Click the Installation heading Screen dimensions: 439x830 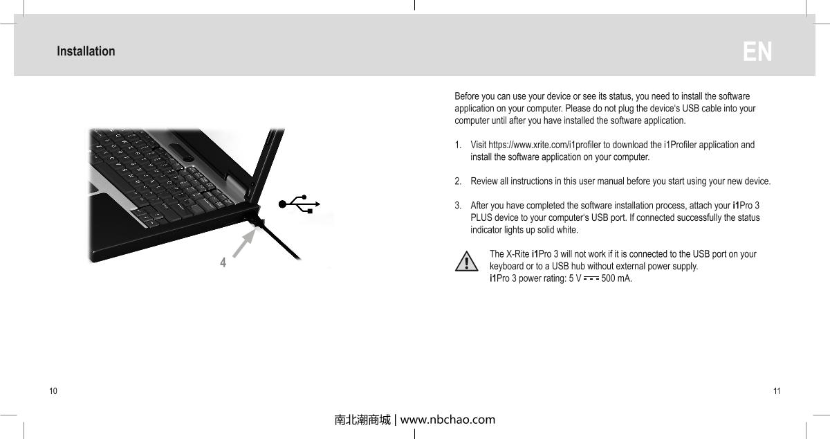click(86, 51)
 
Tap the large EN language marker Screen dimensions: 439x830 click(757, 52)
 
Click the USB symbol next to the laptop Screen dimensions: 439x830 click(299, 204)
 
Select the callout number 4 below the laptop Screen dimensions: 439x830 click(223, 263)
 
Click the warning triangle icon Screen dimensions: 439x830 click(468, 262)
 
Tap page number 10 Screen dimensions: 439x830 click(53, 391)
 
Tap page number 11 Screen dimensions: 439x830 click(777, 391)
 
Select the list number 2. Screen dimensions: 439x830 click(458, 181)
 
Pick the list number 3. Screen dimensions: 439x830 click(458, 206)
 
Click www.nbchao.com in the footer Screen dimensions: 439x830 click(448, 420)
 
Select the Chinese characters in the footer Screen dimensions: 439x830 click(362, 420)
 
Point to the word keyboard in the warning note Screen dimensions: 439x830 click(507, 267)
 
